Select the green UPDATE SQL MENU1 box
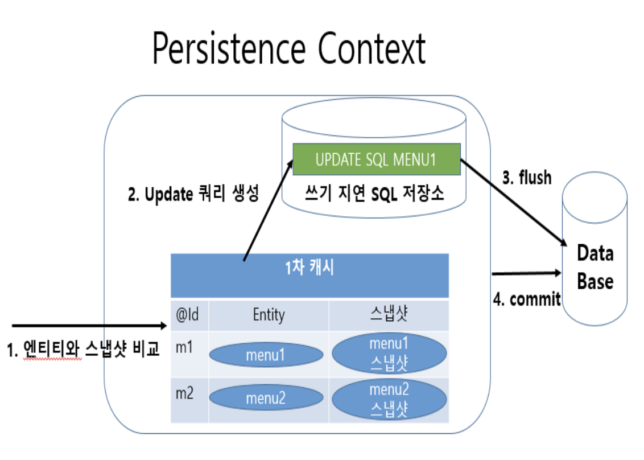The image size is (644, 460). tap(375, 159)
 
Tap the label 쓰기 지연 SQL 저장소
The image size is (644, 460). tap(374, 194)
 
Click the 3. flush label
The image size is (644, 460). tap(527, 178)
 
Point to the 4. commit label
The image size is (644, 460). tap(527, 299)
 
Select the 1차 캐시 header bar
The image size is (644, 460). tap(310, 274)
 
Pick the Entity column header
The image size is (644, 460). tap(269, 315)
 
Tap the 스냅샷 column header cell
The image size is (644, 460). tap(389, 315)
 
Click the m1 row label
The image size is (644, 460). tap(184, 347)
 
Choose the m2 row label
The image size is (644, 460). tap(184, 393)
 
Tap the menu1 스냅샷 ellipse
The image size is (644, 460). tap(389, 354)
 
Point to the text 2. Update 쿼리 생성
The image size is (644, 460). tap(193, 195)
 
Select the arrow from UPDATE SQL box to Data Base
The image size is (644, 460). tap(512, 202)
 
